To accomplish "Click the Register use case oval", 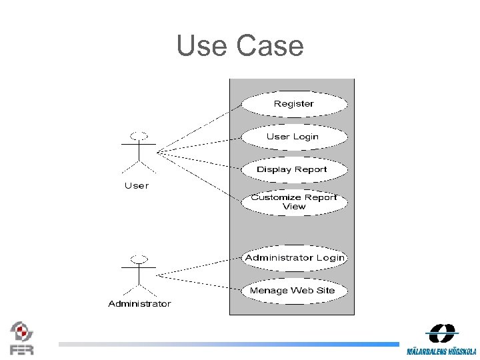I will pos(294,104).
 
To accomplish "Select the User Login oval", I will pos(293,137).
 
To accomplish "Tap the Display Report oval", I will pos(293,169).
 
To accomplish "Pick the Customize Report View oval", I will pos(294,202).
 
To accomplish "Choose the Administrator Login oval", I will pos(294,258).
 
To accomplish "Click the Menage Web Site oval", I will pos(294,291).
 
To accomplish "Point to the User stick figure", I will pos(138,153).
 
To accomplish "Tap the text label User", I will pos(137,185).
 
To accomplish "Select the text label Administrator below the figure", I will pos(139,304).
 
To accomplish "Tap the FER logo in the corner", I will pos(21,338).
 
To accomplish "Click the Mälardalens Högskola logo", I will pos(442,339).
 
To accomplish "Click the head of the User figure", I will pos(138,135).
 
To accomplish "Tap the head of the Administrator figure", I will pos(138,258).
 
